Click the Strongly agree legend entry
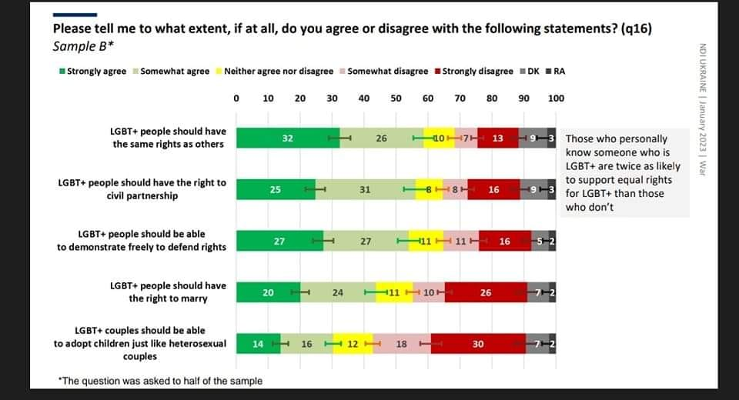pyautogui.click(x=93, y=71)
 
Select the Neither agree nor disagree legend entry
pyautogui.click(x=275, y=71)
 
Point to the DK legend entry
pyautogui.click(x=530, y=71)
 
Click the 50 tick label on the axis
pyautogui.click(x=396, y=98)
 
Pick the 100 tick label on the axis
pyautogui.click(x=556, y=98)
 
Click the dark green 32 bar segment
pyautogui.click(x=288, y=138)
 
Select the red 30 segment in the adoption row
pyautogui.click(x=478, y=344)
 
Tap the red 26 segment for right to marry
pyautogui.click(x=486, y=292)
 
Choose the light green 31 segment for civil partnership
pyautogui.click(x=365, y=189)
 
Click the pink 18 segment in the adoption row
pyautogui.click(x=402, y=344)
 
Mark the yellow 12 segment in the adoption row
pyautogui.click(x=353, y=344)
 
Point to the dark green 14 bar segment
pyautogui.click(x=259, y=344)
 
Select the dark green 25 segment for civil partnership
pyautogui.click(x=276, y=189)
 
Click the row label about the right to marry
pyautogui.click(x=169, y=292)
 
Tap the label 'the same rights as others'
pyautogui.click(x=169, y=144)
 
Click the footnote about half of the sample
pyautogui.click(x=160, y=381)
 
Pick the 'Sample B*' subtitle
pyautogui.click(x=83, y=46)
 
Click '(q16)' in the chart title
pyautogui.click(x=637, y=28)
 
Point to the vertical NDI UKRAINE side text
pyautogui.click(x=702, y=109)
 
